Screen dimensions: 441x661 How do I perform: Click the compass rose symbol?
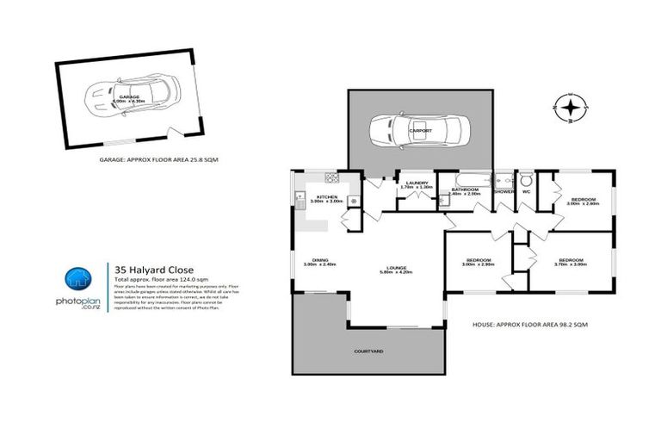pyautogui.click(x=568, y=109)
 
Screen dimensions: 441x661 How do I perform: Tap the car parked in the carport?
pyautogui.click(x=420, y=132)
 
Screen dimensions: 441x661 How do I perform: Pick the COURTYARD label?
pyautogui.click(x=368, y=351)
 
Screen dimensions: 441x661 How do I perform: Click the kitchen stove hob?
pyautogui.click(x=331, y=177)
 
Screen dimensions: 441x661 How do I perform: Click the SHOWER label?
pyautogui.click(x=503, y=191)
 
